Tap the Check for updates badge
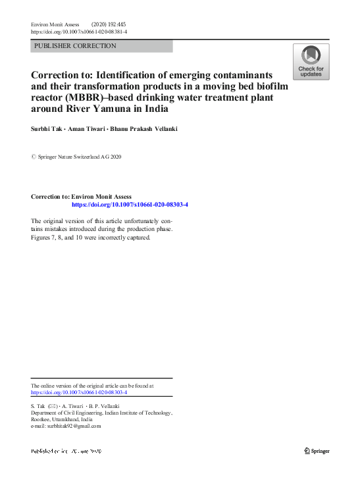point(311,62)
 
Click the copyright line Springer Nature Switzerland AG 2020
point(80,157)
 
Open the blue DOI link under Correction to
point(130,205)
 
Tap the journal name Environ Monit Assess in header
point(59,24)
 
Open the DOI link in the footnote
point(79,392)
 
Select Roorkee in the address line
point(43,419)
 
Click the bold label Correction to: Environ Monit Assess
point(81,197)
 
